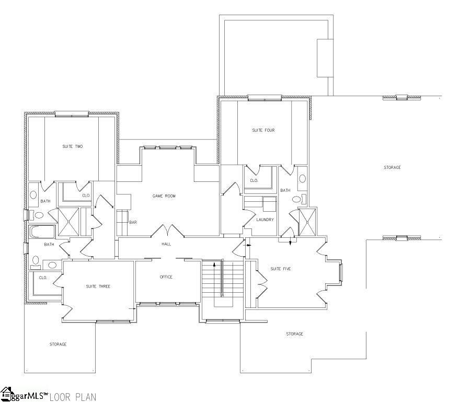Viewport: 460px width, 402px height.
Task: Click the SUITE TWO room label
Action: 72,146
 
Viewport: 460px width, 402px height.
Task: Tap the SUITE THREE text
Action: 98,286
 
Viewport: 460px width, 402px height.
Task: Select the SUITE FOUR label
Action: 263,130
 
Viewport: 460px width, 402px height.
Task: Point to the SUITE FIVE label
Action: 280,269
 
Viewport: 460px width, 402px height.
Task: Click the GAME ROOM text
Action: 164,196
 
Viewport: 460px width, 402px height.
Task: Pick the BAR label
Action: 133,222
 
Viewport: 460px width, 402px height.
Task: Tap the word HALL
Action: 166,244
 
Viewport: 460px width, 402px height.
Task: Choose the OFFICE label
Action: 166,277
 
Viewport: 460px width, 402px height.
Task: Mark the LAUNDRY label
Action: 264,220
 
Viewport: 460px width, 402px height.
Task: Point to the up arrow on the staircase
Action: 214,266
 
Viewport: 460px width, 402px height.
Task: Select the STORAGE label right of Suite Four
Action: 392,167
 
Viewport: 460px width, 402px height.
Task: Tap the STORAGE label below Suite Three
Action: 58,344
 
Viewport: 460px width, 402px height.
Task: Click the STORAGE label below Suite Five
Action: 294,334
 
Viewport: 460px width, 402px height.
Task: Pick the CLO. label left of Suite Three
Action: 43,278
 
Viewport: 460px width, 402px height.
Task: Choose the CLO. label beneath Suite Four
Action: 254,180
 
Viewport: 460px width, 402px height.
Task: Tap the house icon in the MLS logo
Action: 7,394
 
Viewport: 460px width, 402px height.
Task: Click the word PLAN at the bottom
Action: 85,397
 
